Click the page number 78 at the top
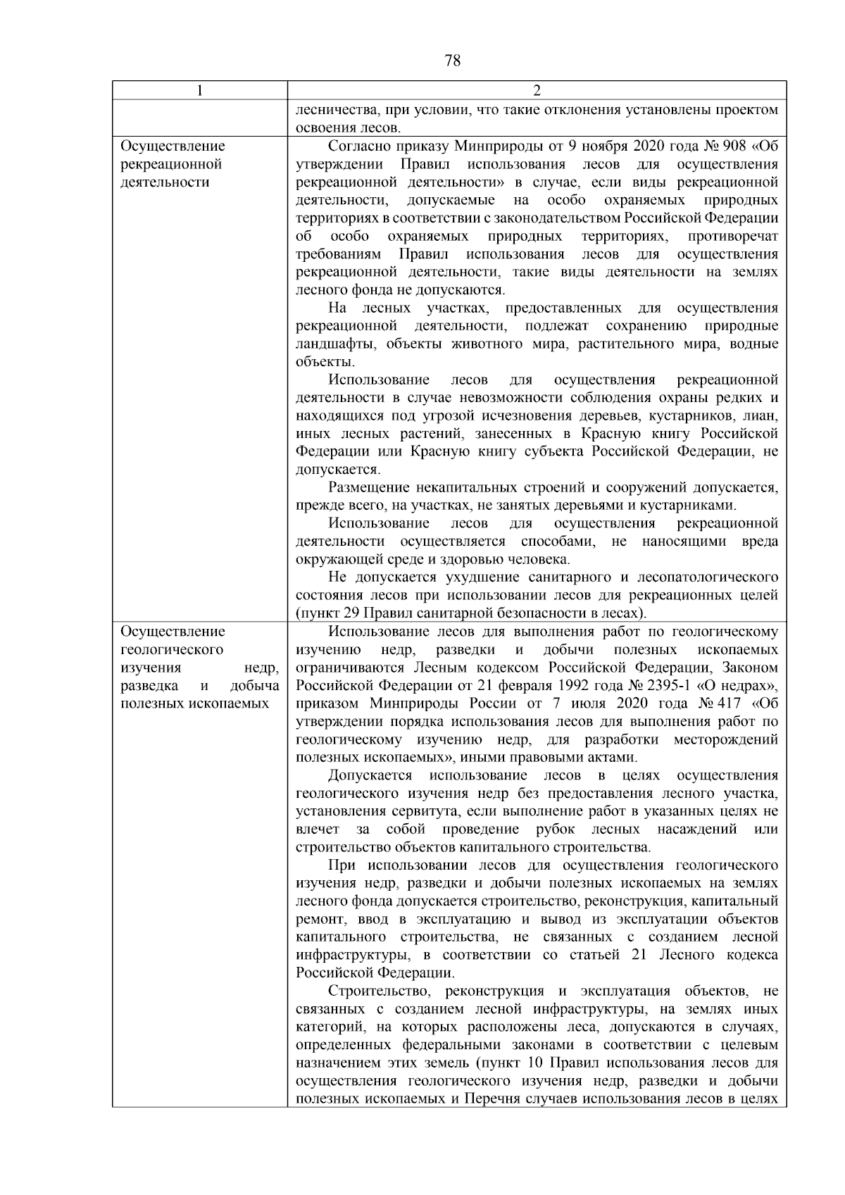pos(453,61)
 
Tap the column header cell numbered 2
pos(537,91)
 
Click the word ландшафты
pos(330,344)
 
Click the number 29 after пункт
pos(350,613)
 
